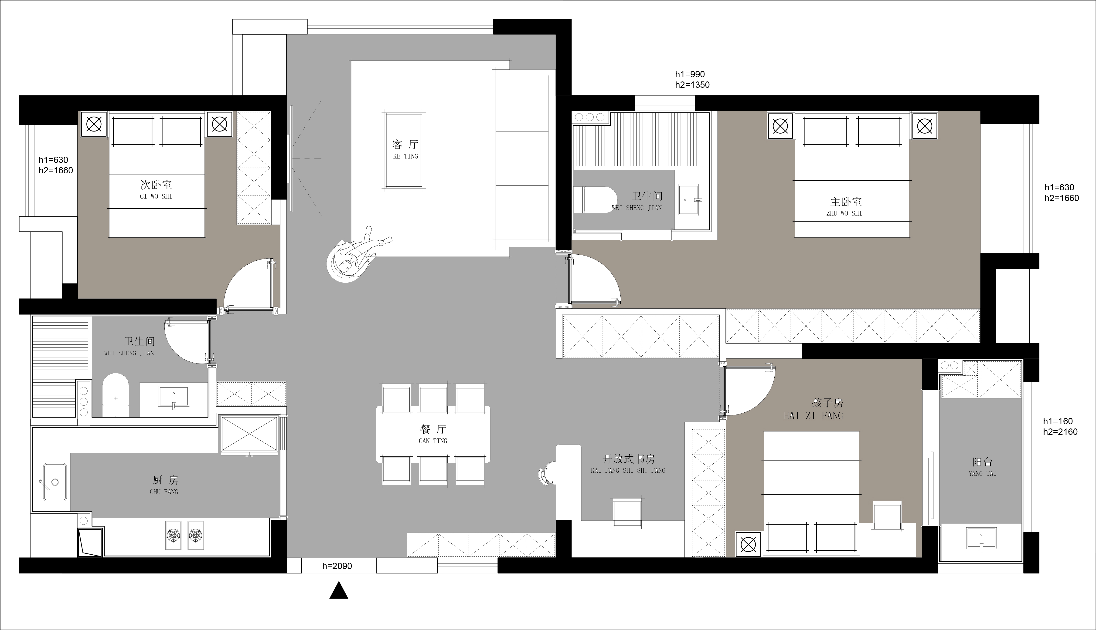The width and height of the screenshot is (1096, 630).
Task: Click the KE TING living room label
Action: (x=406, y=156)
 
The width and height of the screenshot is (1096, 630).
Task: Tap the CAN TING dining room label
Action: (x=433, y=441)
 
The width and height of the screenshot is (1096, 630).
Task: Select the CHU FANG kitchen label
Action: (x=164, y=492)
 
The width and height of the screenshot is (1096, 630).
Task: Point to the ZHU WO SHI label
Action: (x=844, y=213)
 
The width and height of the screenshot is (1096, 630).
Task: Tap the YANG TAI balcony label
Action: (x=983, y=474)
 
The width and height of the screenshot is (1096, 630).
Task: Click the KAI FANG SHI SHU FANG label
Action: (x=628, y=470)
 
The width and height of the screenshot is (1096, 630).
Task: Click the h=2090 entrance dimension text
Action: (x=337, y=566)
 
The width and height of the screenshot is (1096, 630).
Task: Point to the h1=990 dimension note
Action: (x=690, y=74)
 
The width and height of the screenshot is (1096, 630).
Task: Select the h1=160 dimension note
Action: (x=1058, y=421)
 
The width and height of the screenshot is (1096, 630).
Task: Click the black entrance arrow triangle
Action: (x=339, y=590)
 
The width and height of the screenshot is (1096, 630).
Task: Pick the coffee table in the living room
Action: (x=403, y=150)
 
